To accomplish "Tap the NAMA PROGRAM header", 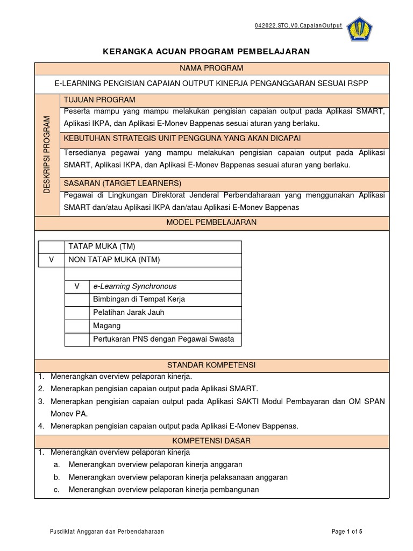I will pos(211,68).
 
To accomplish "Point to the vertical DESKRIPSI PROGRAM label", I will pos(47,154).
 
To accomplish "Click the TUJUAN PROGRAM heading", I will pos(99,100).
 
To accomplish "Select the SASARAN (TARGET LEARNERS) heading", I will pos(123,183).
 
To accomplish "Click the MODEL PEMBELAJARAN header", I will pos(211,222).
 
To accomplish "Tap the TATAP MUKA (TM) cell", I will pos(101,247).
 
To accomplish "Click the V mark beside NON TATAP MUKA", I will pos(52,260).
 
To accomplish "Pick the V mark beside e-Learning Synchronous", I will pos(77,286).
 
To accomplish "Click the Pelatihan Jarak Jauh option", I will pos(129,313).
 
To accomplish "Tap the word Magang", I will pos(106,326).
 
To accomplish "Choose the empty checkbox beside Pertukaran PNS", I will pos(77,339).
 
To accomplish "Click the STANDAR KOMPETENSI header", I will pos(211,365).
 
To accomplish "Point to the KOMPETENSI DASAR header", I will pos(211,441).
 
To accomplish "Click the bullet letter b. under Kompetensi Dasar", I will pos(56,477).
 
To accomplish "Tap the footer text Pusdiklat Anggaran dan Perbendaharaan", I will pos(106,532).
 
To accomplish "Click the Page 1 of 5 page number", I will pos(347,532).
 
